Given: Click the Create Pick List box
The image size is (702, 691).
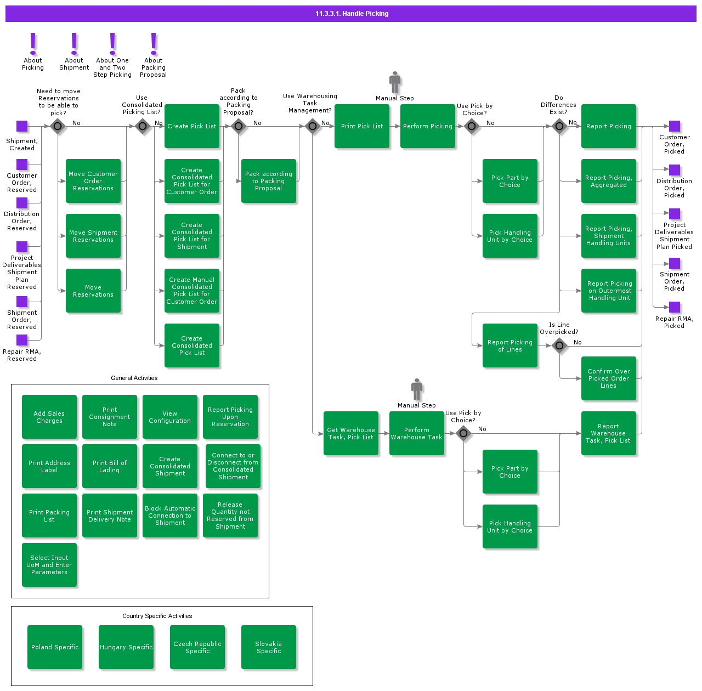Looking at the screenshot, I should [192, 126].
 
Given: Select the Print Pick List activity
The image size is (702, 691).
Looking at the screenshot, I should [362, 126].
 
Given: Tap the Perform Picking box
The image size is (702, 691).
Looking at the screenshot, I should [428, 126].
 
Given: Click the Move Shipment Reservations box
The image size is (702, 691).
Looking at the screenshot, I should [93, 236].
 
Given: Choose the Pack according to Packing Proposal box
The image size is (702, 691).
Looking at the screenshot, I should [269, 181].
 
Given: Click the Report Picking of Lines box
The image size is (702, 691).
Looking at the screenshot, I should [510, 346].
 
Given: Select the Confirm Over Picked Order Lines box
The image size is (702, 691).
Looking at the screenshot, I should [609, 378].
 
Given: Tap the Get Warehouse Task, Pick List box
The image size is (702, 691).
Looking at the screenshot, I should [351, 433].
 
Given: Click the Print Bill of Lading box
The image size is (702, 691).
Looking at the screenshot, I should [110, 466].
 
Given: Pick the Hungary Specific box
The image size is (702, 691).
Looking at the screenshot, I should [126, 647].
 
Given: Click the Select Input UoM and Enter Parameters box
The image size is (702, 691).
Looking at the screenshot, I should [49, 565].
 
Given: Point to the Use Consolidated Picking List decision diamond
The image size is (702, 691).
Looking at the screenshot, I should [143, 126].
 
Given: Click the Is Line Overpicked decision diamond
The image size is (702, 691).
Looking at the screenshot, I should [559, 346].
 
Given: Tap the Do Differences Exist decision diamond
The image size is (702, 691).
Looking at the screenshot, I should [559, 126].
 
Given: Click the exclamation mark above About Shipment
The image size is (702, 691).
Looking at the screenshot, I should [74, 43].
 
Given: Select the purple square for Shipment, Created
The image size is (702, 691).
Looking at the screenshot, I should [22, 126].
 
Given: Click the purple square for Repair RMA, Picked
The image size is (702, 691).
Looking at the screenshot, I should [675, 307].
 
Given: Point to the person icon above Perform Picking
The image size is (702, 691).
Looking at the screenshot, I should [395, 82].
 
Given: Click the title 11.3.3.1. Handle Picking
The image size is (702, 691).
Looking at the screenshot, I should [352, 14].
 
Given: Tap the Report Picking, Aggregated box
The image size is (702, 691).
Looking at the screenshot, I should [609, 181].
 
